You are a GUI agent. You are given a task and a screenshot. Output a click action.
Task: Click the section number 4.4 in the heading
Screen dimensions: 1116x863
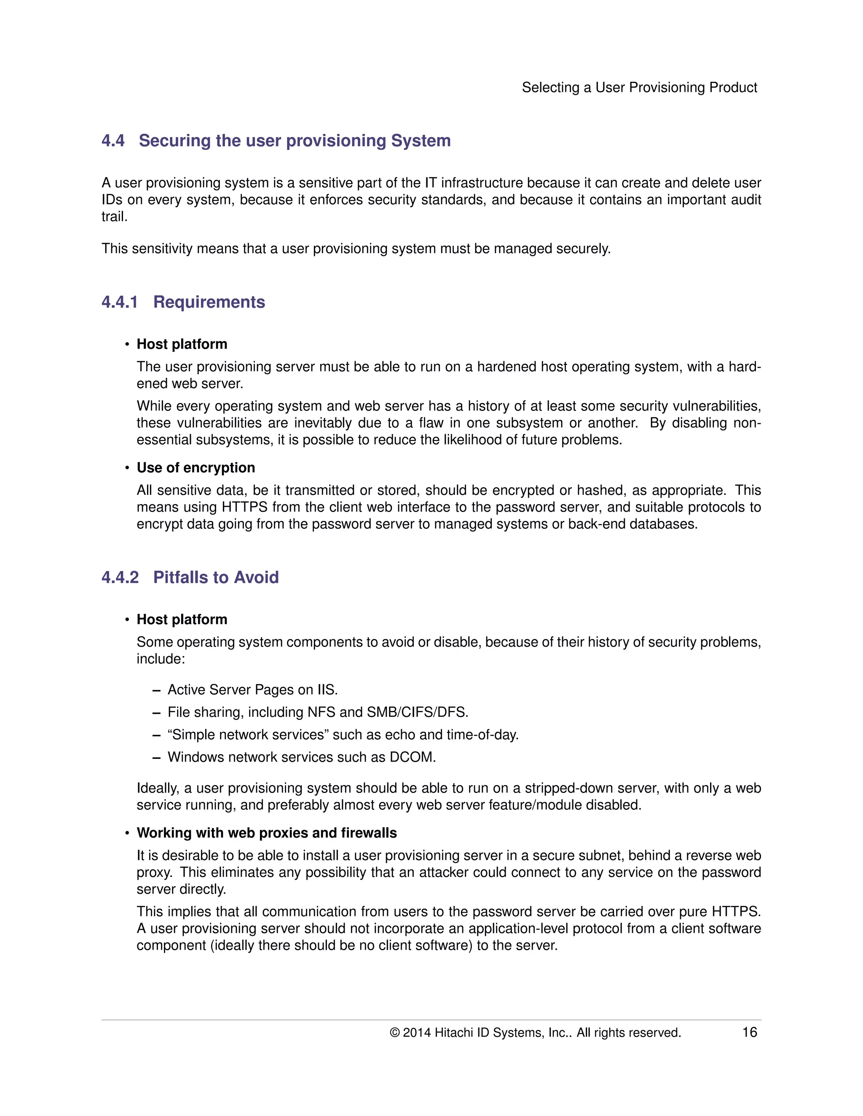click(x=113, y=141)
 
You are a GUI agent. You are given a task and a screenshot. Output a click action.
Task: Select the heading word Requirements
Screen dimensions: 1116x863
click(x=209, y=302)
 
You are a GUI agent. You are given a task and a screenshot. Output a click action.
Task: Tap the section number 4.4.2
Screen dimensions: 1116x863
click(x=120, y=577)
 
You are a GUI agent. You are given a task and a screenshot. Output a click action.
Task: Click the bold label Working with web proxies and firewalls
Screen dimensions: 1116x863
click(x=266, y=833)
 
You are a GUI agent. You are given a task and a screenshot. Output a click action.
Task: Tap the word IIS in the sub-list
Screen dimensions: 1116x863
click(x=327, y=689)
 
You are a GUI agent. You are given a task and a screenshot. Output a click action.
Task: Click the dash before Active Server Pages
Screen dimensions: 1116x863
click(x=156, y=690)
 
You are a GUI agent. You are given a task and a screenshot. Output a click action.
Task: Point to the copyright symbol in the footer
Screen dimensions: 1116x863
click(x=394, y=1033)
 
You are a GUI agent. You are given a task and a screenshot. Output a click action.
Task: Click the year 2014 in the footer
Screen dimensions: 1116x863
click(x=417, y=1033)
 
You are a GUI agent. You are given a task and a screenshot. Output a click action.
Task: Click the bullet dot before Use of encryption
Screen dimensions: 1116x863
click(x=127, y=468)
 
